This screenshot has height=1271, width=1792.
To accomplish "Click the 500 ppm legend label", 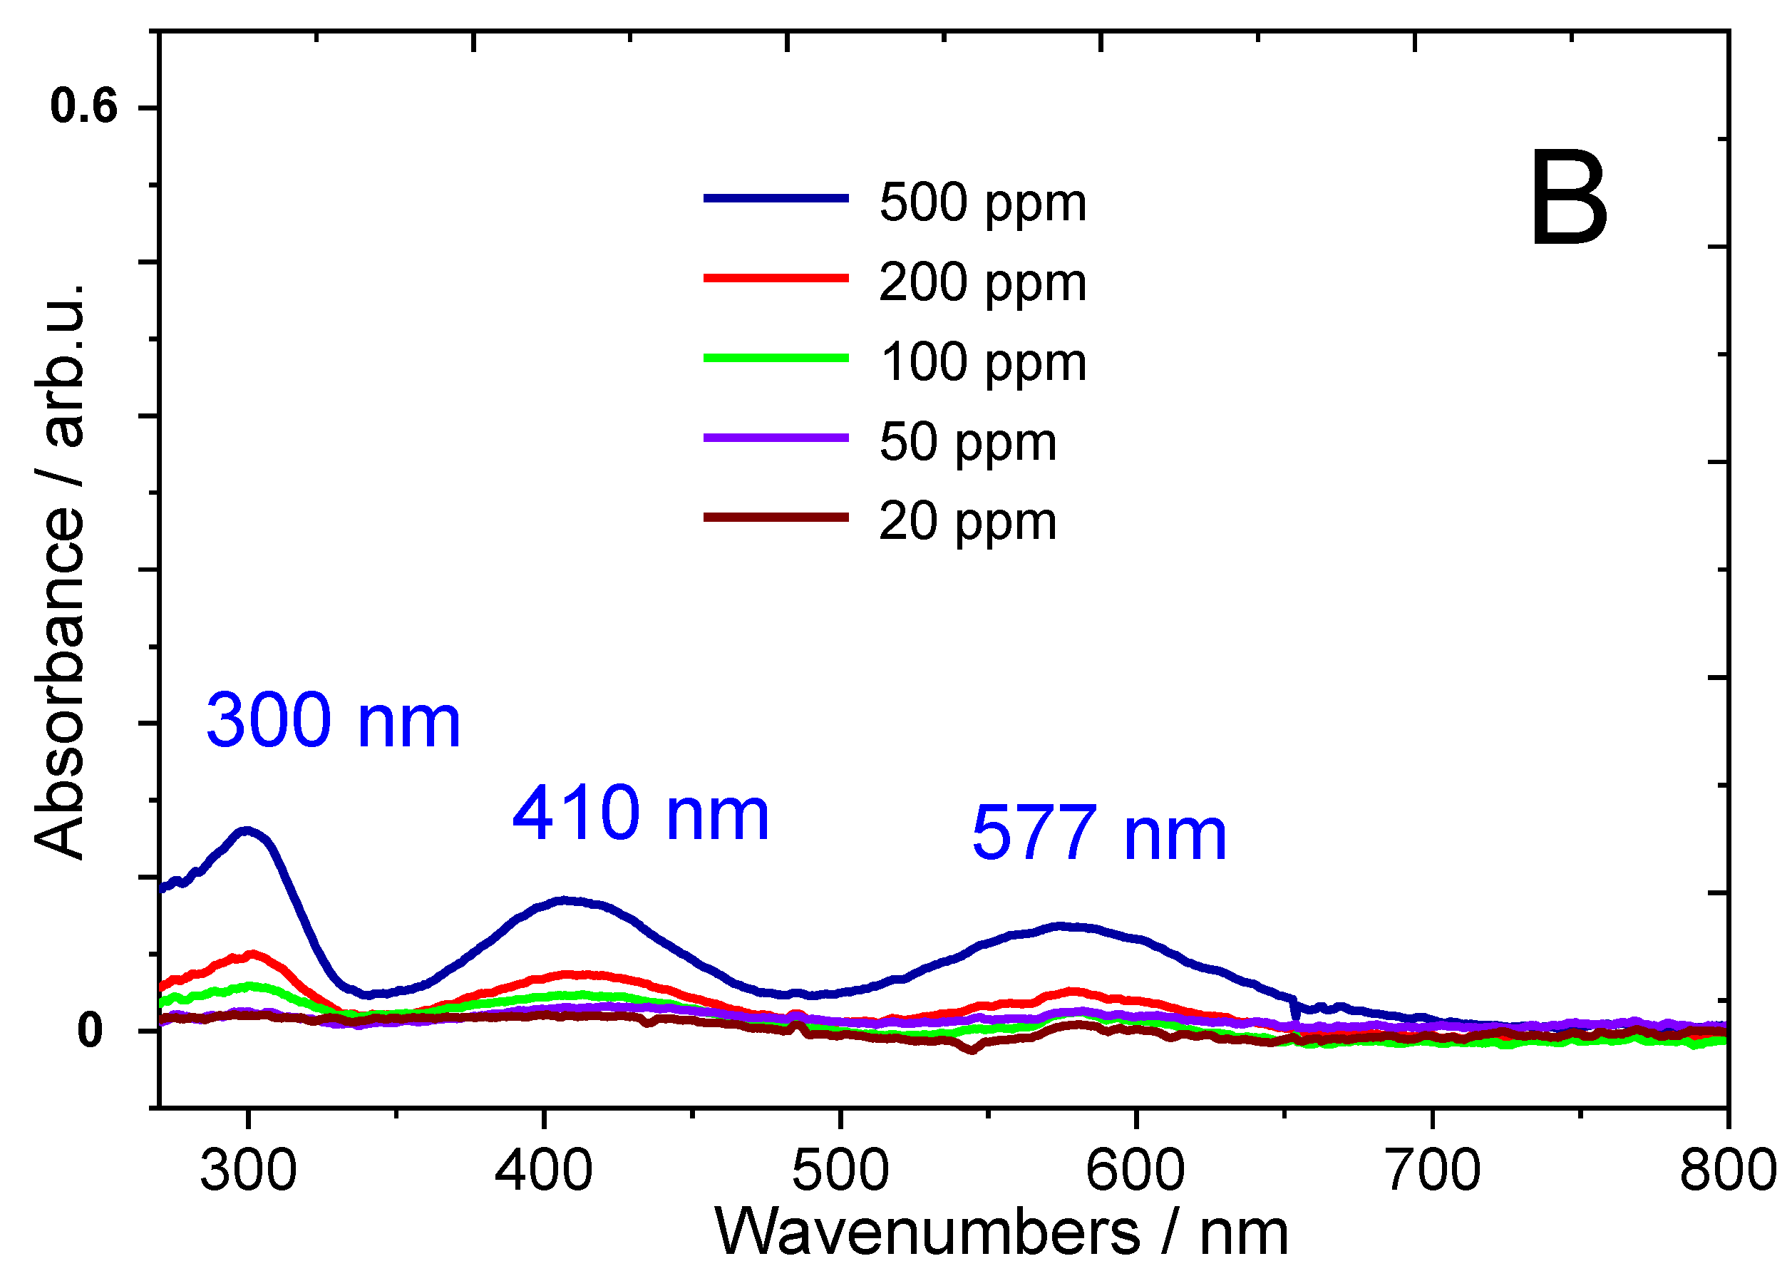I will point(982,203).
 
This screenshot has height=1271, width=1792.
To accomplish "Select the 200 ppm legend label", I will point(982,283).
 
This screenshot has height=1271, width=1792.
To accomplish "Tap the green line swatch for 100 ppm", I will point(776,358).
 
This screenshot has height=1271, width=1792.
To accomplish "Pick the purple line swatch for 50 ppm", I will point(776,438).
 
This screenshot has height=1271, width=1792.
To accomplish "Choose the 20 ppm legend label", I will point(967,522).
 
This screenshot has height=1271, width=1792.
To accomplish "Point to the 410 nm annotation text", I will point(640,815).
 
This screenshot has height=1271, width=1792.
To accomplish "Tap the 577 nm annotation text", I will point(1098,835).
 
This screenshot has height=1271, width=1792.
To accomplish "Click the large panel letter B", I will point(1567,199).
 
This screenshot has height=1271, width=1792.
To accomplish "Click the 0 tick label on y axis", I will point(89,1031).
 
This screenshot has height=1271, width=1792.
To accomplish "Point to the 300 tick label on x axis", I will point(248,1170).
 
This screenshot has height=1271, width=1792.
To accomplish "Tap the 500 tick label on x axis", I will point(840,1170).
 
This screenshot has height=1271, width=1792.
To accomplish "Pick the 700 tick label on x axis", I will point(1432,1170).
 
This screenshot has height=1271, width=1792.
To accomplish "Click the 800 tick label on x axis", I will point(1728,1170).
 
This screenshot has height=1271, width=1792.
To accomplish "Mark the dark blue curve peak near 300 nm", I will point(247,830).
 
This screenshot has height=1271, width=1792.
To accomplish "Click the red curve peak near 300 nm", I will point(252,954).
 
